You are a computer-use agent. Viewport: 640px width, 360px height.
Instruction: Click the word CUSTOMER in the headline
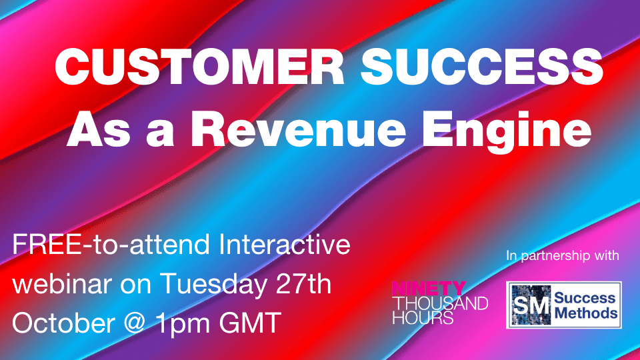click(200, 67)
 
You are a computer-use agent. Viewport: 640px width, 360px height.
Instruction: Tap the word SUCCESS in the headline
click(482, 67)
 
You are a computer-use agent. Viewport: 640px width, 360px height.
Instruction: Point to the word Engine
click(506, 131)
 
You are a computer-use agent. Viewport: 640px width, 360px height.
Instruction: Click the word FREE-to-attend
click(111, 245)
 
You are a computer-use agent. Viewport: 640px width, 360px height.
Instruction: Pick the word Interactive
click(285, 245)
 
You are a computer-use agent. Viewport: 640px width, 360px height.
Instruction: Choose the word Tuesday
click(213, 285)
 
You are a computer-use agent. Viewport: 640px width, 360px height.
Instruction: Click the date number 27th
click(304, 283)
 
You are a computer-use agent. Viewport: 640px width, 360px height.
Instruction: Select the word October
click(64, 323)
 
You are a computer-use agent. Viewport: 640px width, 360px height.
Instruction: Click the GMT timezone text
click(250, 323)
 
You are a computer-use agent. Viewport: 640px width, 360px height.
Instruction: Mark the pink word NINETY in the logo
click(429, 289)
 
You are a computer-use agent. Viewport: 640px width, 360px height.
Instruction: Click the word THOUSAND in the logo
click(440, 303)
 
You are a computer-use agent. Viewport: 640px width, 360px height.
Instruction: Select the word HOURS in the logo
click(423, 317)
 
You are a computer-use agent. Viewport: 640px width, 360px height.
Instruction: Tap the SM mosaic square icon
click(531, 305)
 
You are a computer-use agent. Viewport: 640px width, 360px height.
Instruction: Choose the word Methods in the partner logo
click(586, 313)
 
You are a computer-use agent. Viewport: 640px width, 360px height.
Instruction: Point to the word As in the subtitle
click(99, 129)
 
